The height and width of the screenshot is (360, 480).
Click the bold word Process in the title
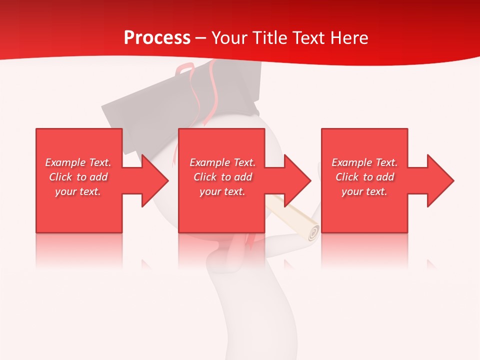(x=157, y=38)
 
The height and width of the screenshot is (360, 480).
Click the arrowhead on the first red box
(x=155, y=180)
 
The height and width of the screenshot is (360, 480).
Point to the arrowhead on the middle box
(x=297, y=180)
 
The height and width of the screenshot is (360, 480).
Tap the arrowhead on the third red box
(x=440, y=180)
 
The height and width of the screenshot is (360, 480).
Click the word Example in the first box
(x=65, y=162)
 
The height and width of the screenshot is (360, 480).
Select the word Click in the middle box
(x=204, y=177)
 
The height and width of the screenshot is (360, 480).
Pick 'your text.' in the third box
(x=364, y=191)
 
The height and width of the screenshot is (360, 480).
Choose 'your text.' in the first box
(x=78, y=191)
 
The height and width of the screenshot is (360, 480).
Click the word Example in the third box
(x=352, y=162)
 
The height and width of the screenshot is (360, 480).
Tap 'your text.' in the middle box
(x=222, y=191)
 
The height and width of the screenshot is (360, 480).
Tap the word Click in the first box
(x=60, y=177)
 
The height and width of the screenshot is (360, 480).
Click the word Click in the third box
(x=347, y=177)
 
